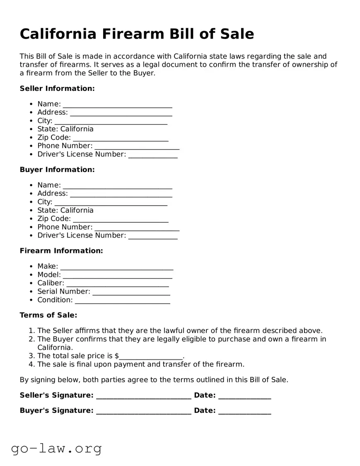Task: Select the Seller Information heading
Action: pyautogui.click(x=57, y=88)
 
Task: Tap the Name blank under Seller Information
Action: pyautogui.click(x=117, y=104)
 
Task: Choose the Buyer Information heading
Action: pyautogui.click(x=57, y=170)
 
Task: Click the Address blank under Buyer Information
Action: pyautogui.click(x=121, y=194)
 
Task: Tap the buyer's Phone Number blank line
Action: pyautogui.click(x=137, y=228)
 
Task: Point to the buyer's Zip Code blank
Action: pyautogui.click(x=121, y=219)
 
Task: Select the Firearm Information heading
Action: pyautogui.click(x=61, y=251)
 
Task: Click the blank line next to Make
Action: pyautogui.click(x=117, y=267)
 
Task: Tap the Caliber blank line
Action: pyautogui.click(x=117, y=284)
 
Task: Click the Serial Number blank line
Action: pyautogui.click(x=131, y=292)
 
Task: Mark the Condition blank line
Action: pyautogui.click(x=122, y=301)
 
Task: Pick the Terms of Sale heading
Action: pyautogui.click(x=48, y=315)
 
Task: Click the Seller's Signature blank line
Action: pyautogui.click(x=143, y=396)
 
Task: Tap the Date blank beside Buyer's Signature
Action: pyautogui.click(x=244, y=411)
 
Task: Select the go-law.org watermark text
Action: pyautogui.click(x=56, y=448)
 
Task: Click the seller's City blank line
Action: pyautogui.click(x=111, y=121)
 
